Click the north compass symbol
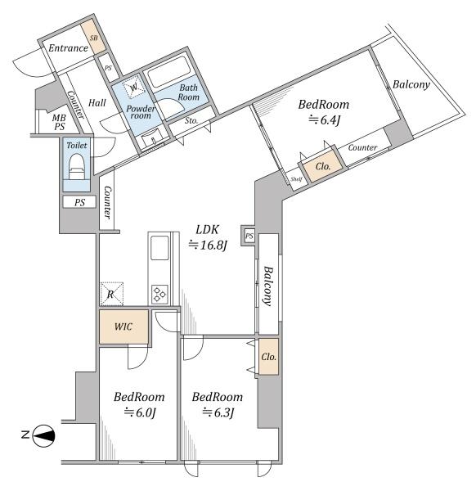coord(43,435)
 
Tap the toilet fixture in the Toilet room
coord(77,166)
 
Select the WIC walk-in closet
coord(124,327)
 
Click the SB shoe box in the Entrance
coord(94,37)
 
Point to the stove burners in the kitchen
coord(159,295)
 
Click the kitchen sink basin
coord(159,248)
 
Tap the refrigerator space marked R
coord(112,294)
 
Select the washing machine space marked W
coord(134,88)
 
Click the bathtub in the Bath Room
coord(169,75)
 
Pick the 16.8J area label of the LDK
coord(208,245)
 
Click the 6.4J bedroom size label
coord(325,120)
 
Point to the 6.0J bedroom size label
coord(140,412)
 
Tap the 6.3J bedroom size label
coord(218,412)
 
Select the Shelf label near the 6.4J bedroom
coord(296,179)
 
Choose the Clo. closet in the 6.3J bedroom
coord(268,356)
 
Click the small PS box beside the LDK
coord(249,236)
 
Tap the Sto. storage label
coord(191,120)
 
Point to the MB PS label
coord(59,122)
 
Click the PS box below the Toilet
coord(79,202)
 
